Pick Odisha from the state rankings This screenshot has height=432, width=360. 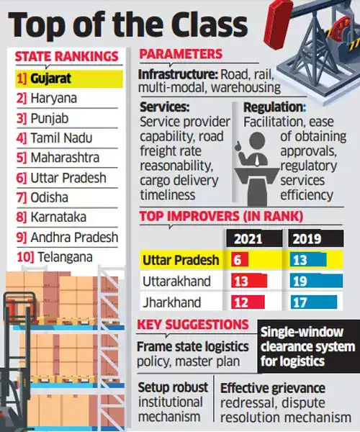[x=50, y=197]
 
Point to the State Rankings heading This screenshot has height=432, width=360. [x=67, y=55]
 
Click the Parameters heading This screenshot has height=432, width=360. [x=181, y=55]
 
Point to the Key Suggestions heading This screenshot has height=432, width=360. [x=193, y=325]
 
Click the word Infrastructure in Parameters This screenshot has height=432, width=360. [x=175, y=73]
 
